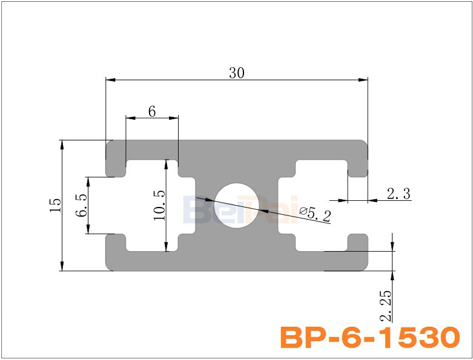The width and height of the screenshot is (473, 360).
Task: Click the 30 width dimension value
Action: [237, 73]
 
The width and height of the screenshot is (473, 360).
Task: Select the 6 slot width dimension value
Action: [152, 111]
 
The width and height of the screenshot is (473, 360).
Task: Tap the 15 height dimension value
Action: [55, 205]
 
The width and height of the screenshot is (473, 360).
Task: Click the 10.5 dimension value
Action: [159, 205]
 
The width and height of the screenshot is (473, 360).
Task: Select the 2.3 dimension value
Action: [399, 194]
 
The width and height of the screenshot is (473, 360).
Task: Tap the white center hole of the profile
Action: [237, 205]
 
